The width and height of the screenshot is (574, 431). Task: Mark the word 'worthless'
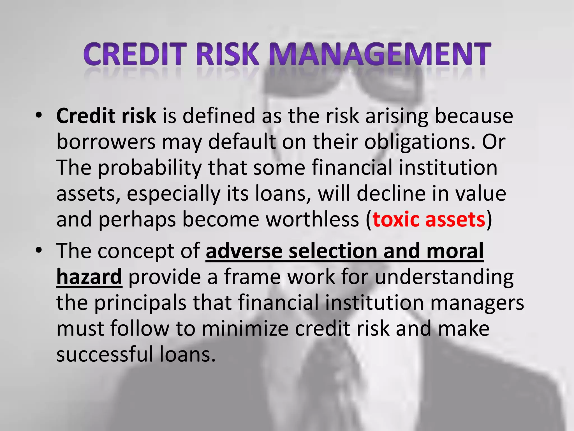(312, 219)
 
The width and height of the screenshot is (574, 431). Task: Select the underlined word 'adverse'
(244, 251)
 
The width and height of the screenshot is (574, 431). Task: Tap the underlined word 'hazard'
(89, 277)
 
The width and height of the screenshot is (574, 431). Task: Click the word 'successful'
(105, 354)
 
